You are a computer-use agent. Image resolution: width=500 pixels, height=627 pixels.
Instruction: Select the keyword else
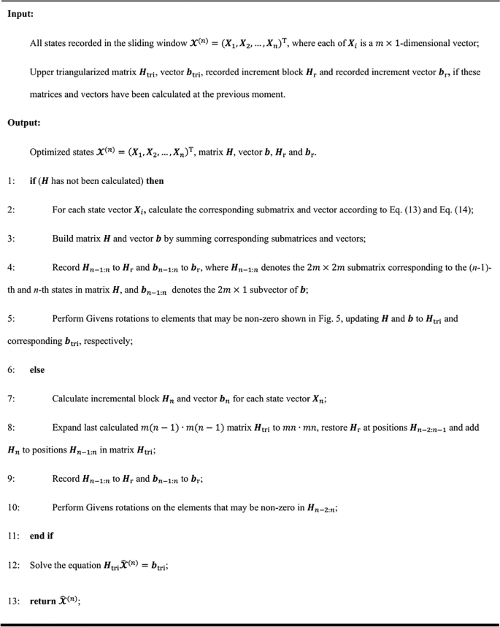(x=37, y=370)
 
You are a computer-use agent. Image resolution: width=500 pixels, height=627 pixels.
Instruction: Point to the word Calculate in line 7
(x=72, y=399)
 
